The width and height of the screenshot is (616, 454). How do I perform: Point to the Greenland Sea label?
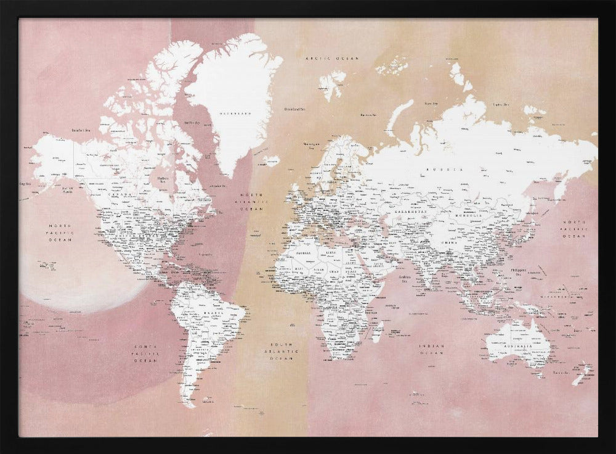[294, 109]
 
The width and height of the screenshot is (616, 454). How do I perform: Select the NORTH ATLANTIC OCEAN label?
[254, 202]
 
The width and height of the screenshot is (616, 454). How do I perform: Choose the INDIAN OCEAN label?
[432, 350]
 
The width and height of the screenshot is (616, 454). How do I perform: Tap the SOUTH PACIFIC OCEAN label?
[145, 353]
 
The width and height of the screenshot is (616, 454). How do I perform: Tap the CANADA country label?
[120, 194]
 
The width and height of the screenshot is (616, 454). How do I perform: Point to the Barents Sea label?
[368, 114]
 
